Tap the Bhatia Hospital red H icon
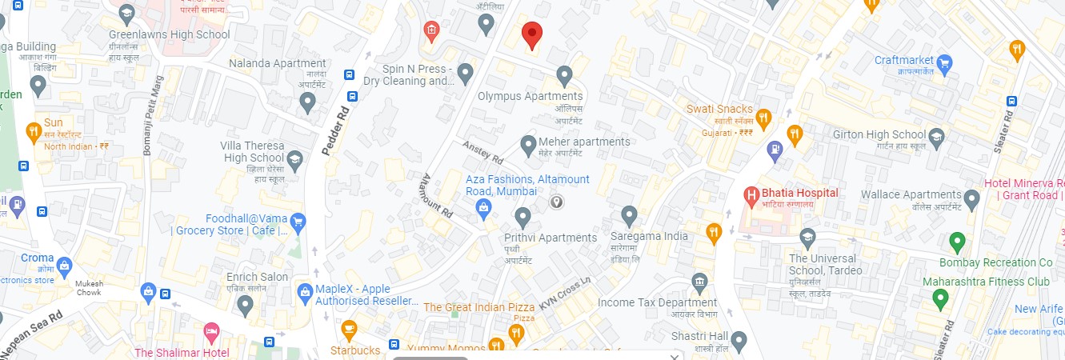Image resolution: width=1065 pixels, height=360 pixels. click(x=751, y=194)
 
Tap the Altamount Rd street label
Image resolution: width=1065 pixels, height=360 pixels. click(x=438, y=197)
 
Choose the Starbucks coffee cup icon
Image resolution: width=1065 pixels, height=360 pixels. click(x=349, y=328)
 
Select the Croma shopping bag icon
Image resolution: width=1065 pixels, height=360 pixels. click(x=65, y=265)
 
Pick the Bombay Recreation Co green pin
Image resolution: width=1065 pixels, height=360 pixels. click(x=956, y=241)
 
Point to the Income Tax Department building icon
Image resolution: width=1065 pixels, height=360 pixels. click(x=699, y=282)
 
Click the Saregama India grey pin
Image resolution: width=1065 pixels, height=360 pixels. click(x=630, y=214)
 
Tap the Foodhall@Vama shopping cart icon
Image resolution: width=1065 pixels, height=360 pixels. click(x=298, y=222)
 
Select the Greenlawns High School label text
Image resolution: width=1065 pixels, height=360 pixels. click(x=170, y=34)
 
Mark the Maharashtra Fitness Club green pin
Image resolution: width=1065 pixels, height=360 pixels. click(x=941, y=300)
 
